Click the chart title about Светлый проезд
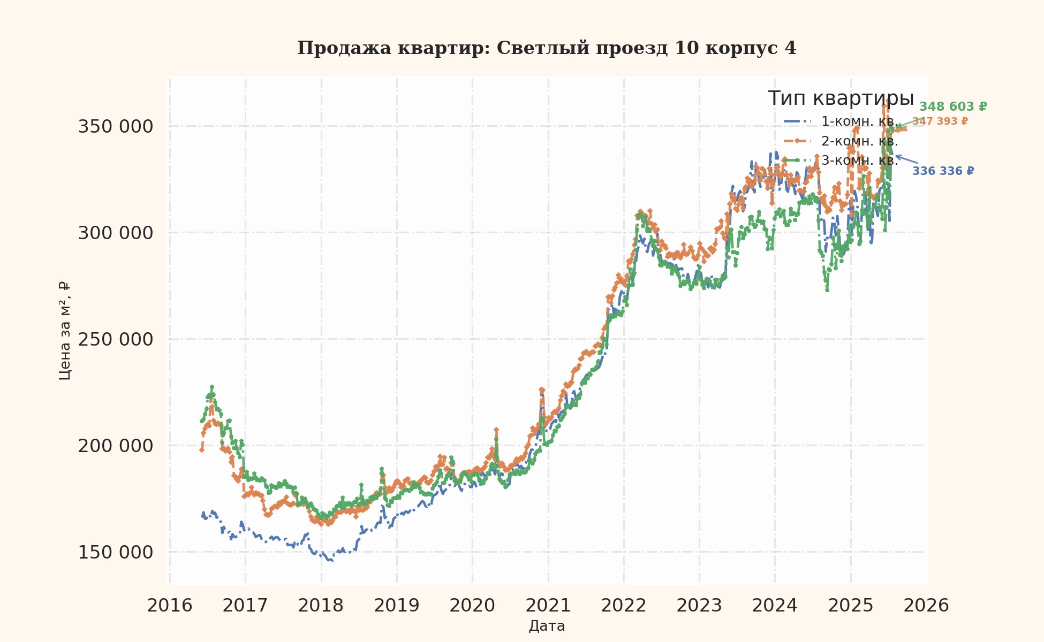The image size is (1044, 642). (547, 48)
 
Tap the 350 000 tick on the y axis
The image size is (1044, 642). (115, 127)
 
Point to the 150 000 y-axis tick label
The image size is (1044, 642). (115, 552)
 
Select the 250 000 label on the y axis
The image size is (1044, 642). (115, 339)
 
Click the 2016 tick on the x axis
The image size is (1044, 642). (170, 606)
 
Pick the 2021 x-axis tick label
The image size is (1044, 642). (548, 606)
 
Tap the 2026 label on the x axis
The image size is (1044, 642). (926, 606)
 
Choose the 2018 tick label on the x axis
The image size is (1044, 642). (321, 606)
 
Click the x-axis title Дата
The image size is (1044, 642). (547, 626)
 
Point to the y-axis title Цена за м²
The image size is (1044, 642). (65, 331)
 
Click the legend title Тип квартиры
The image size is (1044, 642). (841, 99)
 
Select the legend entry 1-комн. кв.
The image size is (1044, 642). (859, 121)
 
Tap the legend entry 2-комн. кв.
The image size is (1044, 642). (859, 141)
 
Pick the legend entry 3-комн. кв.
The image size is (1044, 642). (859, 160)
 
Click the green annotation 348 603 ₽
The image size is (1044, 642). (953, 106)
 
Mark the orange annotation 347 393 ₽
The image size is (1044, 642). (940, 121)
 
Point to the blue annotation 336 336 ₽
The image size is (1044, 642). (943, 171)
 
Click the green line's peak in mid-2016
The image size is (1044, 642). (212, 387)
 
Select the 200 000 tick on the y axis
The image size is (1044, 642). (115, 446)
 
